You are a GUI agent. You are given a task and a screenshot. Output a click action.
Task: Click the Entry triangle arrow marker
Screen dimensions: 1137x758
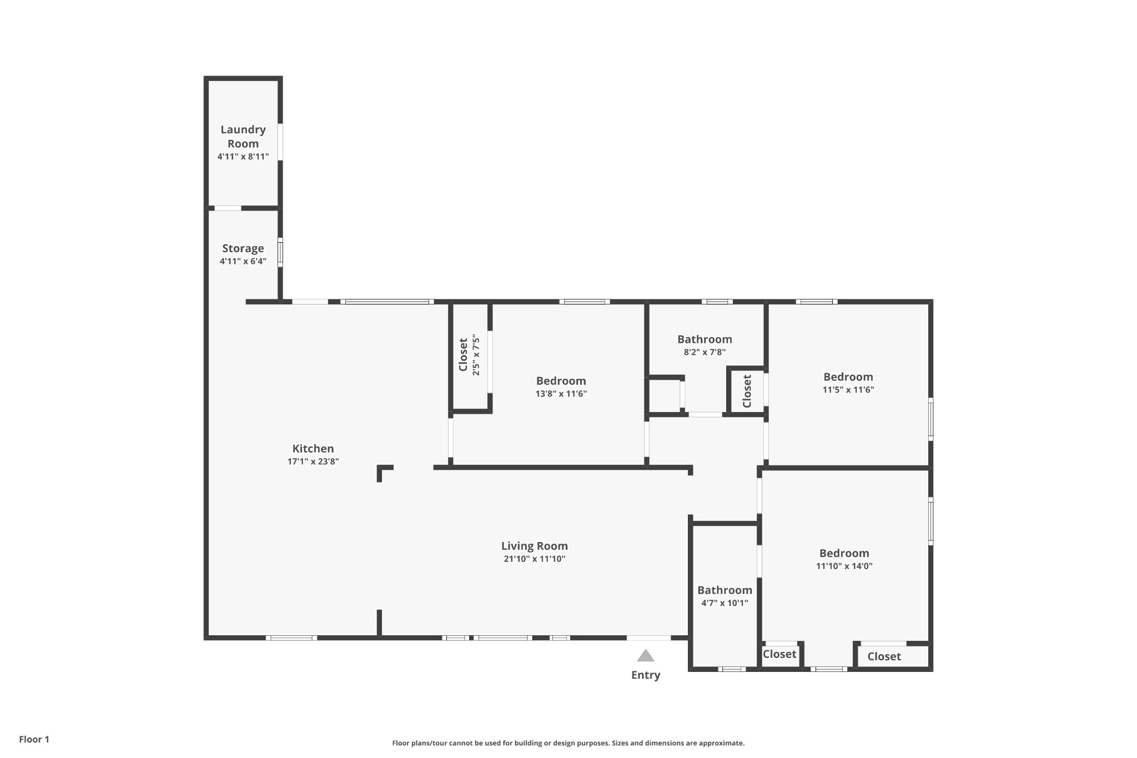(645, 656)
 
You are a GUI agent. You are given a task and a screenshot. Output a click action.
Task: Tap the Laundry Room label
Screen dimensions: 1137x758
(243, 137)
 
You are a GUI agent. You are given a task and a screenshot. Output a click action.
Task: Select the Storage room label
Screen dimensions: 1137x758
(243, 248)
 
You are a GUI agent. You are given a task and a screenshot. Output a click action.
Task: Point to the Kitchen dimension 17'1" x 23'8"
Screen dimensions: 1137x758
(313, 461)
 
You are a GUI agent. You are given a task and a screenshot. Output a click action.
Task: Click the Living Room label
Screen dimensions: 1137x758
(535, 546)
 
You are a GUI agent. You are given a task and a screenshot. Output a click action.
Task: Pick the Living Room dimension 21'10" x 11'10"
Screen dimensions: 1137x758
(535, 559)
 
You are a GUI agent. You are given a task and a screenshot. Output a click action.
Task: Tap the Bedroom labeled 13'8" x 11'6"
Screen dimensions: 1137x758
(561, 381)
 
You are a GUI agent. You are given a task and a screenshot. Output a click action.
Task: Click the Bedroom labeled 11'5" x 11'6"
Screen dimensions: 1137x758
(848, 377)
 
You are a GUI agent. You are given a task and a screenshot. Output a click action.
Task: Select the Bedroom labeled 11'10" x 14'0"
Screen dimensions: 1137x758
(844, 553)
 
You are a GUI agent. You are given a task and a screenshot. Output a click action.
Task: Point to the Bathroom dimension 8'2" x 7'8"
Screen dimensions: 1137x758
(705, 352)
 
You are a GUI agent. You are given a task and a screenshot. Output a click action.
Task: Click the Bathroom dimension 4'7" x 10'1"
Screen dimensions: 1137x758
(725, 603)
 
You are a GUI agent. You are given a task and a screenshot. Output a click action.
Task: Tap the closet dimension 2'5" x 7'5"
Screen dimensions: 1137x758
(476, 355)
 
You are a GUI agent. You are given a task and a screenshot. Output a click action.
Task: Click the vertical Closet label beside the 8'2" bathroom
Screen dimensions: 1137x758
(747, 391)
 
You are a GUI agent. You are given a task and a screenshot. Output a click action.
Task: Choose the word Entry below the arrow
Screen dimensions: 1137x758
(646, 675)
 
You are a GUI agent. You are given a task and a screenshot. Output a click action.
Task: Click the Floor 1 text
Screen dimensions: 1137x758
(34, 739)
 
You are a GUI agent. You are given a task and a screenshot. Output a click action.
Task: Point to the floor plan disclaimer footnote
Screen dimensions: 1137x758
(568, 743)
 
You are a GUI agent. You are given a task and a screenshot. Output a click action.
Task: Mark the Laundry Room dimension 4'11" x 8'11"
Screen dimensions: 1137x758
(243, 157)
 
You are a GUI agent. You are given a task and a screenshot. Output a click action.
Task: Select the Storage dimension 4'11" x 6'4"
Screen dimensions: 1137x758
(243, 261)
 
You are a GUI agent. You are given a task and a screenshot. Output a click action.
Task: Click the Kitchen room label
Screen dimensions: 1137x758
(313, 449)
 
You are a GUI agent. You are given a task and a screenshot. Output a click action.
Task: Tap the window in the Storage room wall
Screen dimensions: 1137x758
(280, 252)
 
